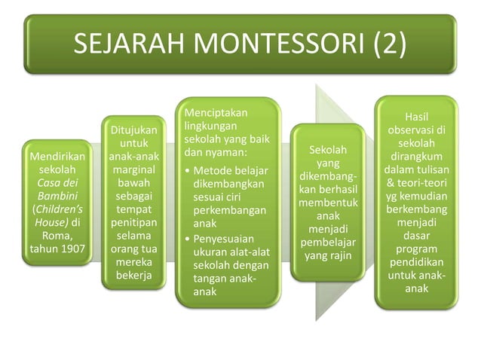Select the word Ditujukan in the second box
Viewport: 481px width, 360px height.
tap(133, 130)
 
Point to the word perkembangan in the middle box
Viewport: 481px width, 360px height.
tap(231, 210)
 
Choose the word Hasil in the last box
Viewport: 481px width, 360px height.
tap(416, 117)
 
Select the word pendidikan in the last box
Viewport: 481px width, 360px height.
tap(416, 262)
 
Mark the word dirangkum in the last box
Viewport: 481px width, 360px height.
tap(416, 157)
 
